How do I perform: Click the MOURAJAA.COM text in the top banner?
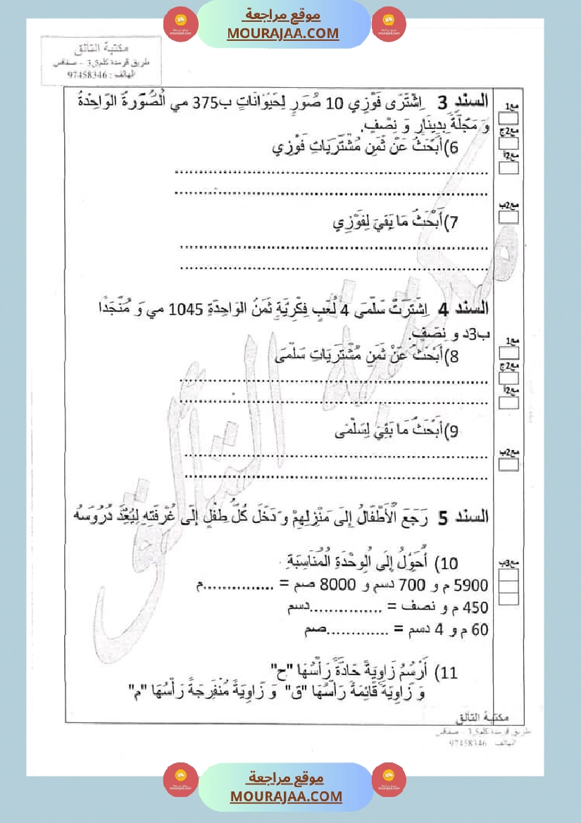pos(283,33)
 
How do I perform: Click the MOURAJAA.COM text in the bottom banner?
pos(286,796)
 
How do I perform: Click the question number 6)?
pos(454,148)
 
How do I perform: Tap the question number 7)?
pos(454,223)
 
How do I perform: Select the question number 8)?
pos(454,358)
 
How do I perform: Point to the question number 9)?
pos(454,432)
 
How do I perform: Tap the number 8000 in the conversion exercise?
pos(336,586)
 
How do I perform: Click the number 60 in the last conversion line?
pos(480,630)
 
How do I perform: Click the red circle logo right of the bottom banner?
pos(388,780)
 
